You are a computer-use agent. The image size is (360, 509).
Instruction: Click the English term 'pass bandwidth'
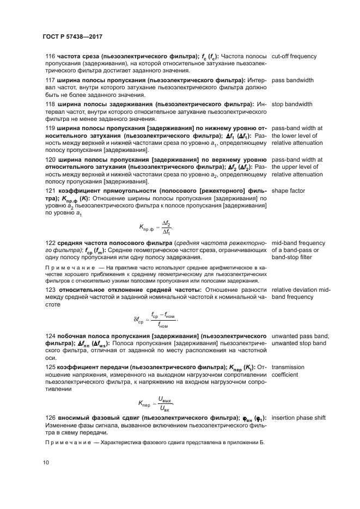click(x=292, y=80)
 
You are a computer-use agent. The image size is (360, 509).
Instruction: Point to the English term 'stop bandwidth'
click(x=292, y=104)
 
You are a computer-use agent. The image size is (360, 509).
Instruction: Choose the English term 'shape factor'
click(x=288, y=191)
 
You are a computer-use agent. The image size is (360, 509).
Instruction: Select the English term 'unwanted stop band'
click(x=299, y=344)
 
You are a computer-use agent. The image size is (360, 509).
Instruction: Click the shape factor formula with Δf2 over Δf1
click(x=156, y=226)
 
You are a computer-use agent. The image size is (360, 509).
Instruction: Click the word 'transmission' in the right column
click(x=288, y=367)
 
